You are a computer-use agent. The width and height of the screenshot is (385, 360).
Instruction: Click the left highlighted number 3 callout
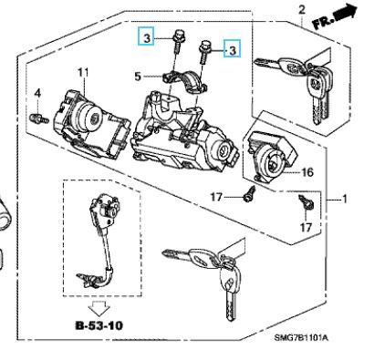point(146,36)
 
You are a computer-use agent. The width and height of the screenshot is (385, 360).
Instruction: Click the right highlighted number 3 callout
point(232,48)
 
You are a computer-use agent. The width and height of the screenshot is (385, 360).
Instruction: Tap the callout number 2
point(301,10)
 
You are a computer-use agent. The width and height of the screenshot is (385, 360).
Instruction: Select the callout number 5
point(138,77)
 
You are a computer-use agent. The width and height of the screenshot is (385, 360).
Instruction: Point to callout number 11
point(83,73)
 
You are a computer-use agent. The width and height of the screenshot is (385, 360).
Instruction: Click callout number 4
point(37,93)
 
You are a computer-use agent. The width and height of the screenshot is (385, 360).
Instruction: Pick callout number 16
point(307,172)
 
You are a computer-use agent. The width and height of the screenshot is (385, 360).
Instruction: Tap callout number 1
point(344,200)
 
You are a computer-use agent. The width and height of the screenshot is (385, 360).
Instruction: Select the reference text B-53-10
point(99,325)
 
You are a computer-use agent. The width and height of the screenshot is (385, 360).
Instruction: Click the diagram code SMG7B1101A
point(301,337)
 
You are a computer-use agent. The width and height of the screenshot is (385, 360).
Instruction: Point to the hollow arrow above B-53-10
point(99,308)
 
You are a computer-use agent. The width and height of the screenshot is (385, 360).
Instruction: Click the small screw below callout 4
point(39,118)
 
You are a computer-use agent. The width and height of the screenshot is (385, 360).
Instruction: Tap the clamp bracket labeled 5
point(184,81)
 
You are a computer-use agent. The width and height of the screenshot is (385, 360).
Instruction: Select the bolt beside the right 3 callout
point(204,52)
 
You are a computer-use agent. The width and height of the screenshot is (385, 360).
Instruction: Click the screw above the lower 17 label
point(306,202)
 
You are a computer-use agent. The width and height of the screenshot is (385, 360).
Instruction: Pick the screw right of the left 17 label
point(249,194)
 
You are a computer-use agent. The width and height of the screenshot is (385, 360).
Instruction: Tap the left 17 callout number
point(216,198)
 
